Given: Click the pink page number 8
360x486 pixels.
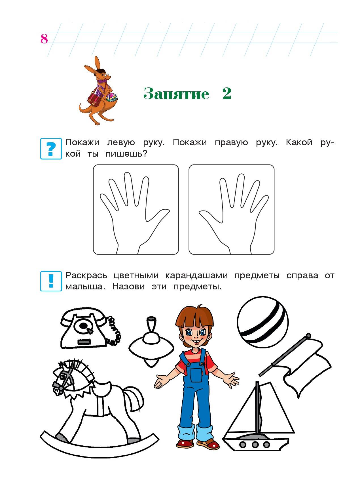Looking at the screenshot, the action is pos(44,39).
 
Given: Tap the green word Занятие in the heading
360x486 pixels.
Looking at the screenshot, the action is pos(176,93).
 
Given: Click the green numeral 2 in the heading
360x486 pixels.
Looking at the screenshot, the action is pos(227,93).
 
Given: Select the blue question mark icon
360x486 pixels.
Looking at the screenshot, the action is pos(51,148).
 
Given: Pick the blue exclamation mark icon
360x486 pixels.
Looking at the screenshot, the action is pos(51,281).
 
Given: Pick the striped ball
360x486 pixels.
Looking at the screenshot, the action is pos(262,322).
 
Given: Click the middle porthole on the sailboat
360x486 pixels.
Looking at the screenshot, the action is pos(255,445).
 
